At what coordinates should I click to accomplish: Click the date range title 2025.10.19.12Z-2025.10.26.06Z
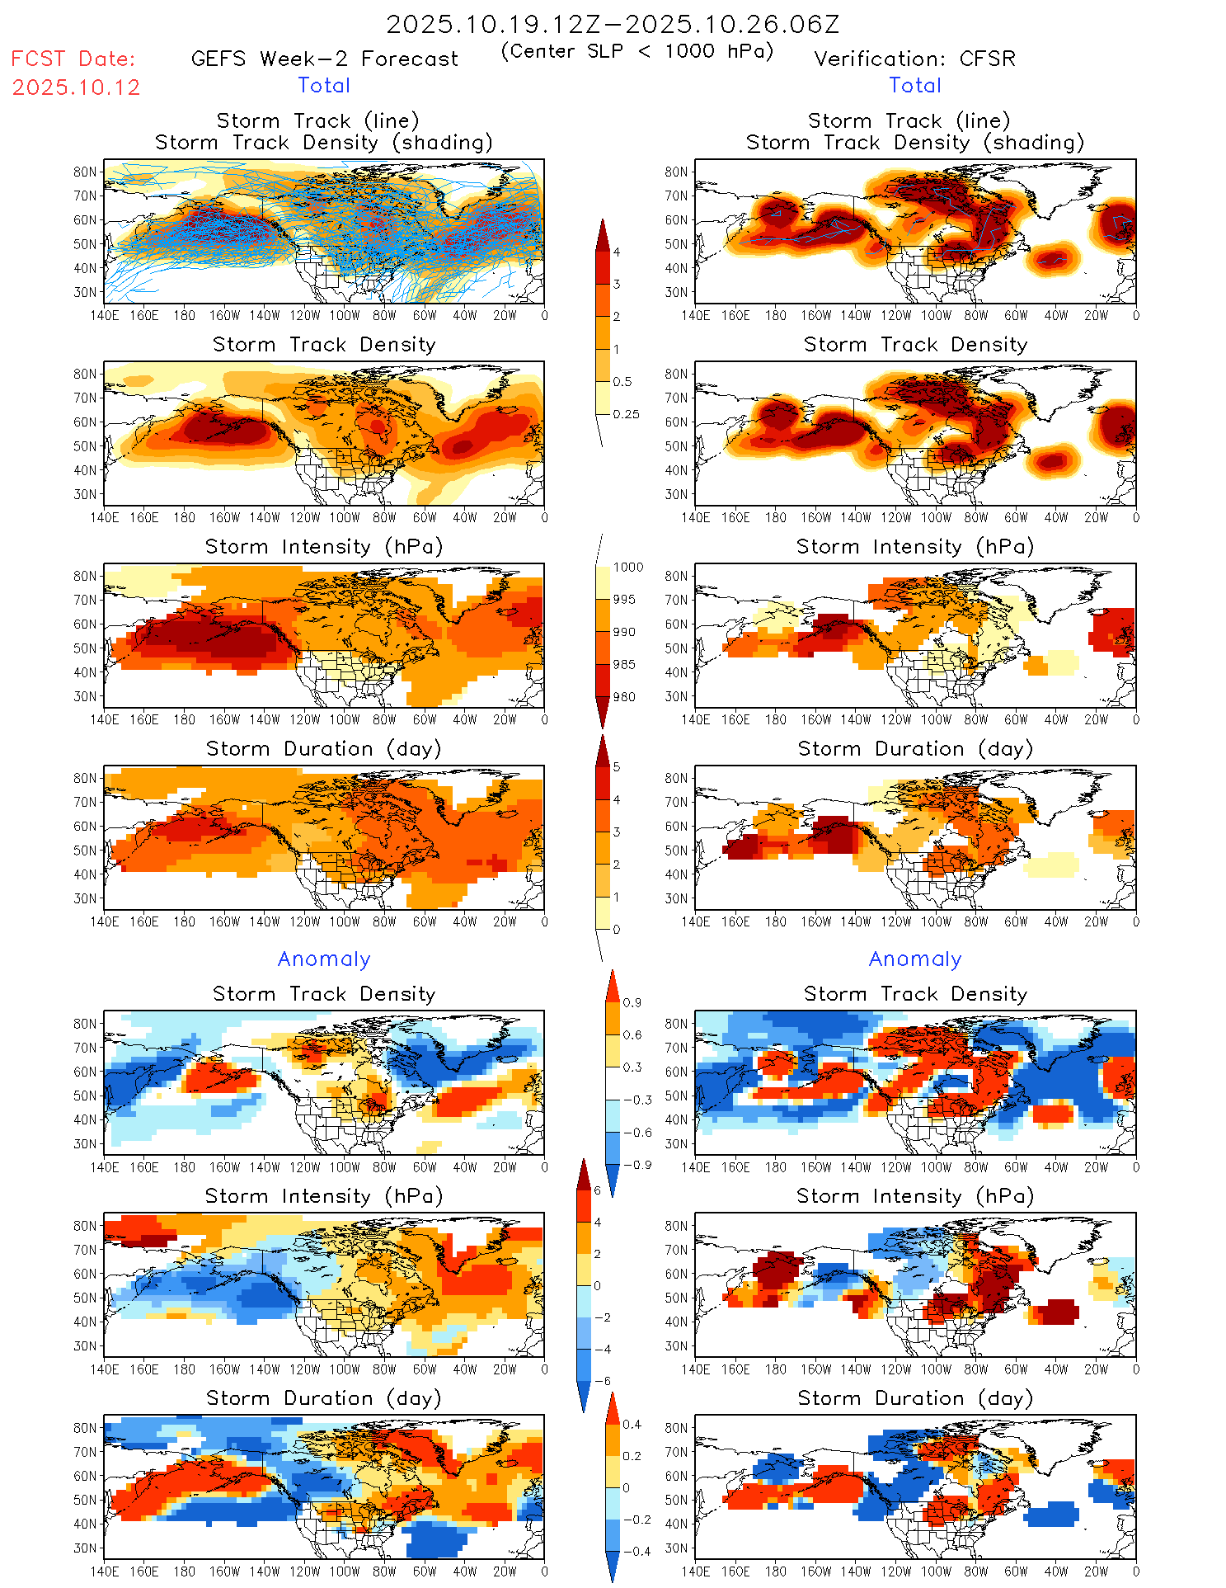(613, 25)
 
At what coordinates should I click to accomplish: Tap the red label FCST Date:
(73, 59)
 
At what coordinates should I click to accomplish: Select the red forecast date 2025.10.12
(76, 87)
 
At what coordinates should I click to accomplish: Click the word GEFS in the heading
(218, 59)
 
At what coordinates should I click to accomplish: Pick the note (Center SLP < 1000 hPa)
(637, 51)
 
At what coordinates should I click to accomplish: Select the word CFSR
(988, 59)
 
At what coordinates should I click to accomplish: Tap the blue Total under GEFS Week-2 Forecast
(324, 86)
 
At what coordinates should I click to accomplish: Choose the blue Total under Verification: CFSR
(915, 86)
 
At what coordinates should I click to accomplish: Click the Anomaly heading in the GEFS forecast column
(324, 959)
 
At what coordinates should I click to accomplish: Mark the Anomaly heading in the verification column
(915, 959)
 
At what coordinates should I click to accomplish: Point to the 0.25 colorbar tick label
(626, 414)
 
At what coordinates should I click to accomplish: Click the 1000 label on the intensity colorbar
(628, 568)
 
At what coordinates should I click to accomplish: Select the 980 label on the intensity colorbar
(624, 697)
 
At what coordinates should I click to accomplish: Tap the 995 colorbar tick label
(624, 600)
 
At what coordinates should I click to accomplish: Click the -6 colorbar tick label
(603, 1381)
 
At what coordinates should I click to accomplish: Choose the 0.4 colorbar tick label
(632, 1425)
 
